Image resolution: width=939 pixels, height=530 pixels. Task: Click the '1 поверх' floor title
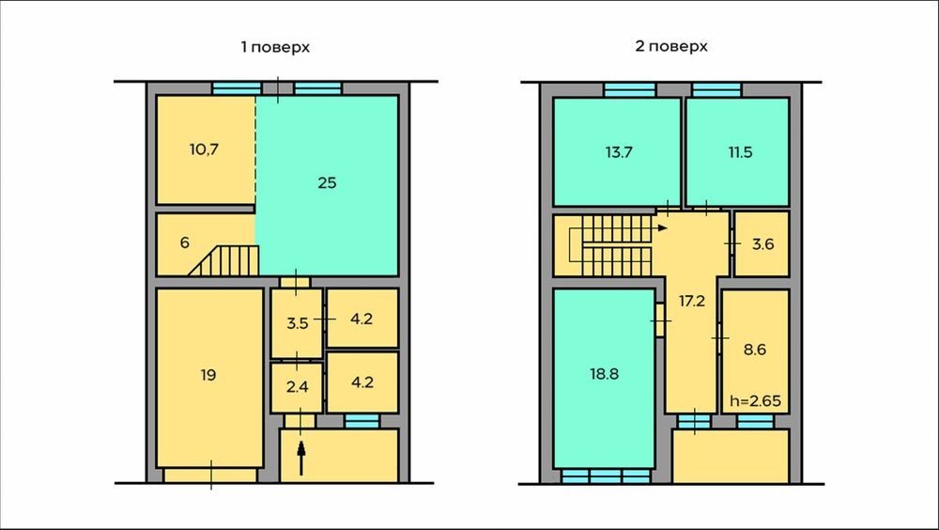pos(275,47)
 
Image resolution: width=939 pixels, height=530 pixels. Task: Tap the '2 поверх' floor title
pos(671,46)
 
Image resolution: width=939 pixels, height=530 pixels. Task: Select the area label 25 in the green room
pos(327,183)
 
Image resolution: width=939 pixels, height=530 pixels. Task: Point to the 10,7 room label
pos(204,150)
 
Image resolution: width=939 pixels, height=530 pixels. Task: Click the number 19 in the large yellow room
pos(208,375)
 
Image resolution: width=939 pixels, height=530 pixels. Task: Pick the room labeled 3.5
pos(297,324)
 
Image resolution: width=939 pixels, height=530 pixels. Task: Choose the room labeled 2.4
pos(297,387)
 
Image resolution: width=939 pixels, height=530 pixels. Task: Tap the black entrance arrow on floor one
pos(301,458)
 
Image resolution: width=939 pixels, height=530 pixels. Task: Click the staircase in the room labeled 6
pos(225,261)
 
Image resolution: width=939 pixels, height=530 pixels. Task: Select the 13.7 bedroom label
pos(619,152)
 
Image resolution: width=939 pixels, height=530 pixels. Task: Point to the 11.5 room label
pos(740,152)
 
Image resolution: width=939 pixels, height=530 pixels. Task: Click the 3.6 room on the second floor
pos(762,244)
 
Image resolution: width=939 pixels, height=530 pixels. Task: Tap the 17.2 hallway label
pos(692,301)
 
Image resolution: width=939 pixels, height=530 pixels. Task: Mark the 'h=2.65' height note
pos(755,401)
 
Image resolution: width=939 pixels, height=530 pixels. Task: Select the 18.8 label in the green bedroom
pos(604,374)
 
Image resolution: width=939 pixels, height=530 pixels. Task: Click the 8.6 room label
pos(755,349)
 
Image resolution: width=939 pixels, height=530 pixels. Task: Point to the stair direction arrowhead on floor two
pos(662,227)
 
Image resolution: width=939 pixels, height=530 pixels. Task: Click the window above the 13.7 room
pos(630,90)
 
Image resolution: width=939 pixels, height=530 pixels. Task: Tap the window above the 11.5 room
pos(716,90)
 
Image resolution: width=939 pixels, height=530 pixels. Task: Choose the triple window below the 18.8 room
pos(606,476)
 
